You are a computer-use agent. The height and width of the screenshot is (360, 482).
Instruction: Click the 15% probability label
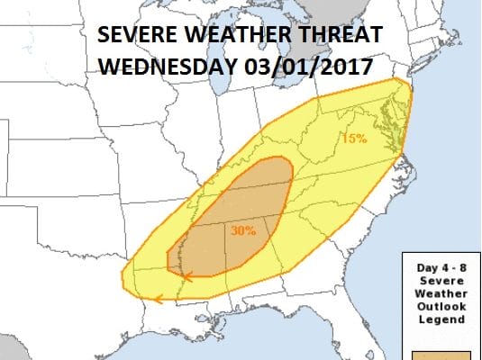click(352, 139)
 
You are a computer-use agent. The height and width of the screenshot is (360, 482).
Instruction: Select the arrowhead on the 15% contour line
click(159, 299)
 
